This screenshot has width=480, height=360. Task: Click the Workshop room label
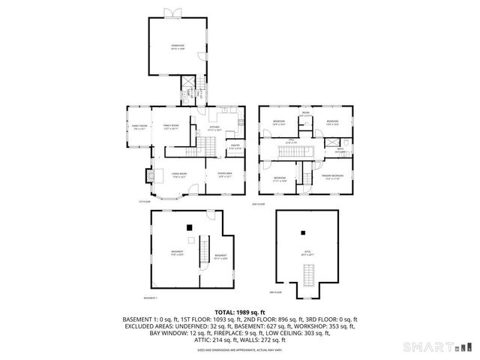[177, 46]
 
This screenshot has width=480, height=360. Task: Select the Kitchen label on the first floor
[214, 128]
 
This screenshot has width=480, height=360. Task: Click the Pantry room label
[235, 146]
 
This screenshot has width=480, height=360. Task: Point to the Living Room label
[178, 175]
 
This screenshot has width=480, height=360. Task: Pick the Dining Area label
[225, 175]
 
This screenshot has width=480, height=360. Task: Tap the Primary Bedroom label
[331, 177]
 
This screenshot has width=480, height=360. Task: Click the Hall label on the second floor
[292, 141]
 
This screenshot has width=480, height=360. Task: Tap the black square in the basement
[190, 226]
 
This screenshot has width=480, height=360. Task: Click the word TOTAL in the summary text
[226, 311]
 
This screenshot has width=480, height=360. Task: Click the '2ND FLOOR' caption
[259, 203]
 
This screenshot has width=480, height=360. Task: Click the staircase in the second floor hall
[289, 153]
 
